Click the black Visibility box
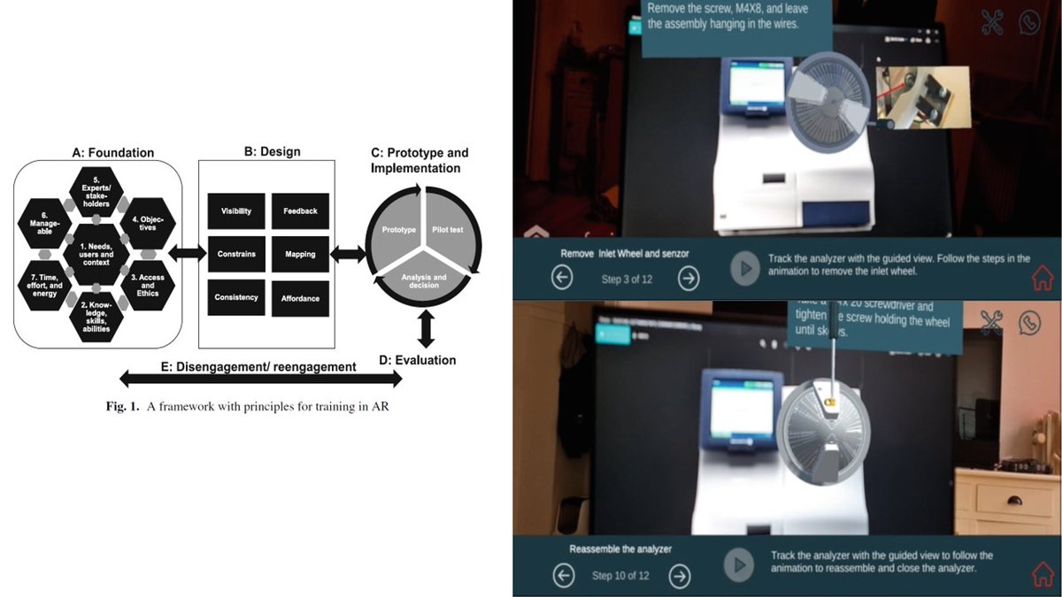(235, 211)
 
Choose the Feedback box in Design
(300, 211)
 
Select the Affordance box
(300, 298)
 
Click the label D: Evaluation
(417, 360)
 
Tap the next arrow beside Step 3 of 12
(689, 279)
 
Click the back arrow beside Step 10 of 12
(563, 576)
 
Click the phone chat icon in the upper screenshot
(1030, 22)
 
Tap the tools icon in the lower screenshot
(991, 323)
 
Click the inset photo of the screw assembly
(921, 96)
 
